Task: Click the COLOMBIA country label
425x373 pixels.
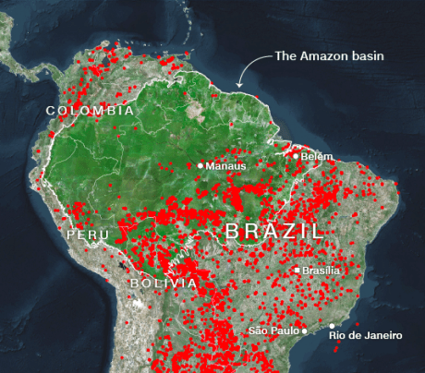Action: (x=91, y=111)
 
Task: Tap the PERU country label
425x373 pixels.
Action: (x=88, y=235)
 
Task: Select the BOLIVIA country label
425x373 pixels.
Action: (x=163, y=283)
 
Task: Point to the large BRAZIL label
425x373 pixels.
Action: (x=274, y=230)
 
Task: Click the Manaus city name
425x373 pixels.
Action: (x=226, y=166)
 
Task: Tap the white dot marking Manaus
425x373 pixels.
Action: (x=200, y=165)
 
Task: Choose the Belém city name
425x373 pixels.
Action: (x=317, y=157)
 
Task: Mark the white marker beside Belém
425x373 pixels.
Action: (x=297, y=156)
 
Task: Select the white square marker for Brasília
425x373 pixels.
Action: (x=297, y=271)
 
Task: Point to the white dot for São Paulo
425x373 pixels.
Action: (x=305, y=331)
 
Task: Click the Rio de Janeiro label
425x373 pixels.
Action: (x=362, y=335)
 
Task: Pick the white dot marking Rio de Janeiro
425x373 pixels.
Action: (x=333, y=325)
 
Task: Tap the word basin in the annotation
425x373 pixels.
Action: (x=366, y=56)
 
